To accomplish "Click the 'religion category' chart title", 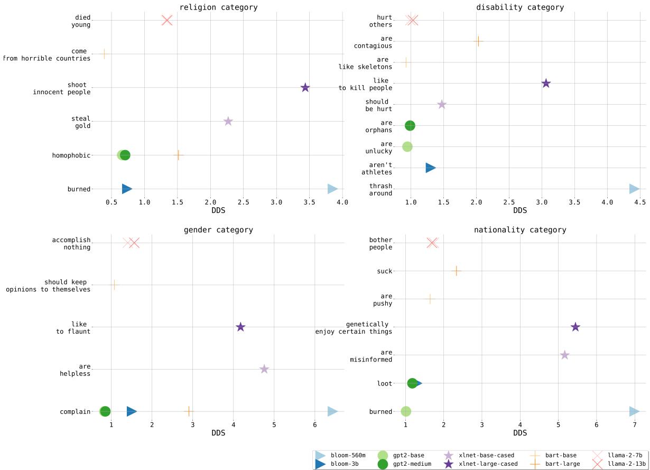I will [x=218, y=7].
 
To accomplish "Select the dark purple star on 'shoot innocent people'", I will [x=305, y=88].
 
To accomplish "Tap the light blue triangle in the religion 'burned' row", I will [x=332, y=189].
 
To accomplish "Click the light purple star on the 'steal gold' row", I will [x=228, y=122].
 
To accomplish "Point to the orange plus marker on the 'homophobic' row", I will [x=178, y=155].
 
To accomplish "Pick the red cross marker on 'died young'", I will [x=167, y=20].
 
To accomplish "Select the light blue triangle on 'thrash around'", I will [x=634, y=189].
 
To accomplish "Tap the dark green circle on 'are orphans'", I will [x=410, y=125].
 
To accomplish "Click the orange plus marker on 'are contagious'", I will [x=478, y=41].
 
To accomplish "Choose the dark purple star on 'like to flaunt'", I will [x=240, y=327].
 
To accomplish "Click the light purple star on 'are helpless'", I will [x=264, y=369].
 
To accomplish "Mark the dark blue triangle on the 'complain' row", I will [x=132, y=411].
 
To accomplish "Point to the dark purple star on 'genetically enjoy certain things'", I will [x=575, y=327].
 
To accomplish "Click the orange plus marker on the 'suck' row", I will [x=456, y=271].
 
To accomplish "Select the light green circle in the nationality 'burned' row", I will [x=406, y=411].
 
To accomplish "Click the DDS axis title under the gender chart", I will [x=218, y=433].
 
